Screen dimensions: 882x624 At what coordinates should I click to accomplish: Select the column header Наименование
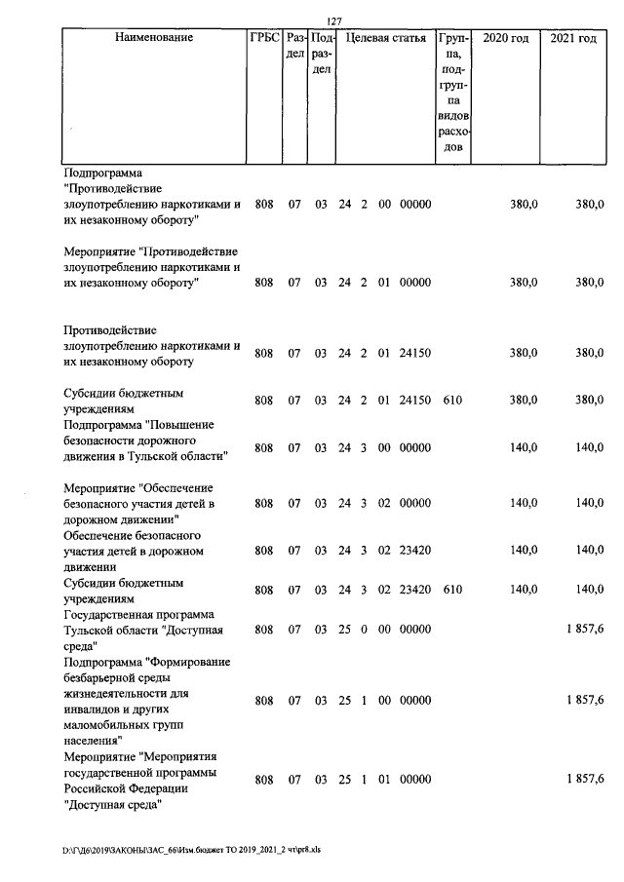coord(153,38)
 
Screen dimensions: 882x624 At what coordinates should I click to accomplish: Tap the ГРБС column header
coord(264,38)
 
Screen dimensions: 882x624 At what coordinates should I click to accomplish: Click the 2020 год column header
coord(507,38)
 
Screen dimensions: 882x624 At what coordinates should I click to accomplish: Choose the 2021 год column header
coord(572,38)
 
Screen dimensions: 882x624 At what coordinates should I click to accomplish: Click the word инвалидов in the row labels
coord(94,709)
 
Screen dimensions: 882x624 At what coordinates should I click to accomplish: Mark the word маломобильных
coord(108,724)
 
